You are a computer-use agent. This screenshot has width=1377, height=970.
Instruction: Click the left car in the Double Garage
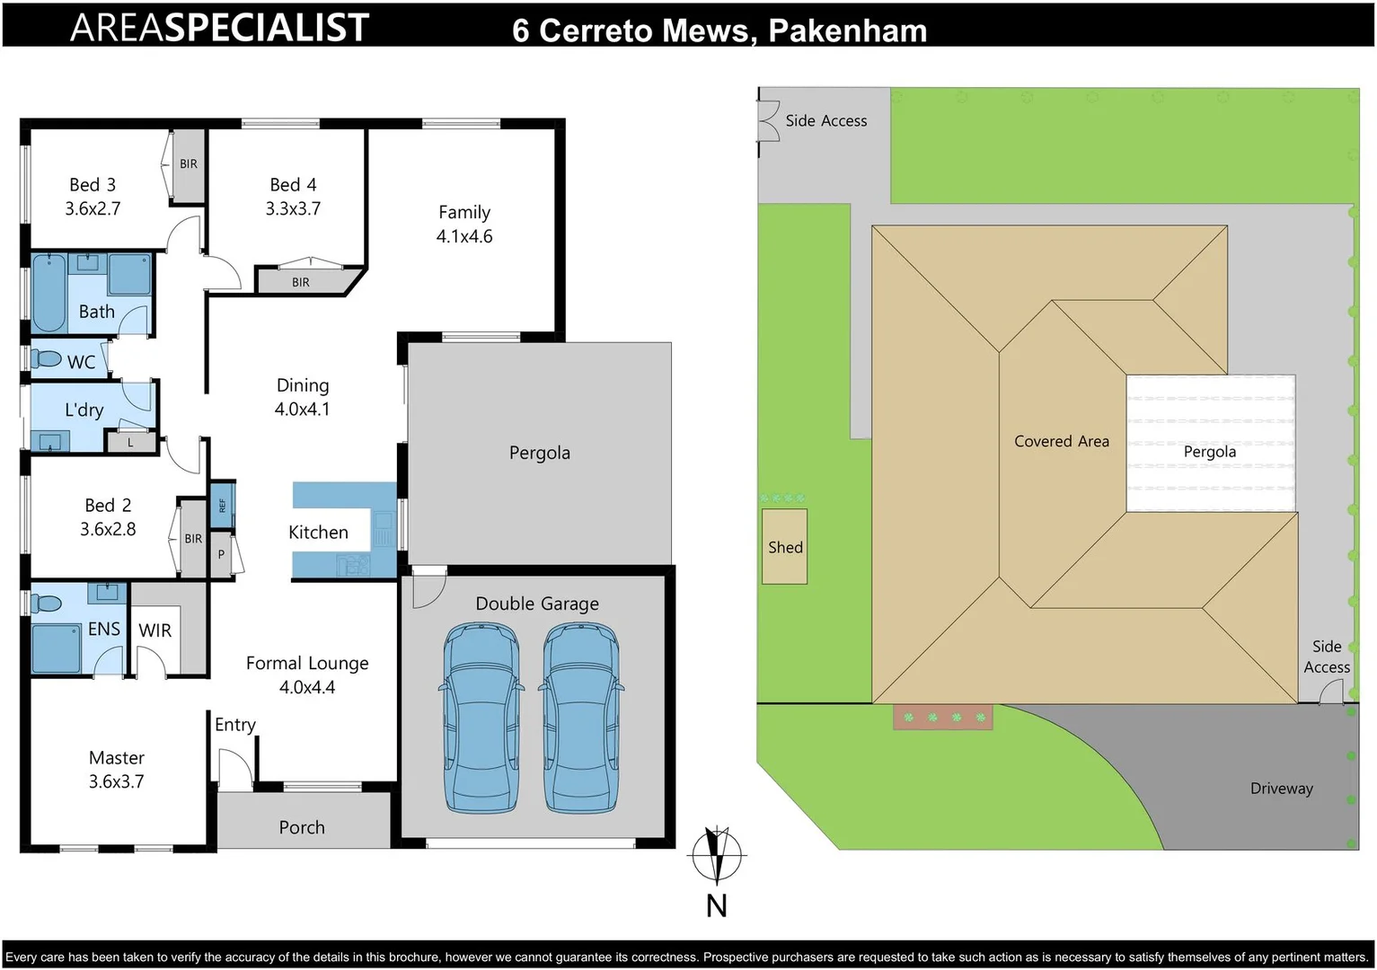(x=482, y=719)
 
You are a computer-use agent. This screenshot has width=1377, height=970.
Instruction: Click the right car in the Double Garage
(x=581, y=719)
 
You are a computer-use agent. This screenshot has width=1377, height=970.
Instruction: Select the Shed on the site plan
(x=785, y=547)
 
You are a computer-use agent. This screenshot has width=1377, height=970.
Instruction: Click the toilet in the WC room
(x=48, y=359)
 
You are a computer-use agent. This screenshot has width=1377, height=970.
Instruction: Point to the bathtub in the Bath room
(x=49, y=292)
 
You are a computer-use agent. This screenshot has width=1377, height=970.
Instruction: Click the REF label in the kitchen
(x=223, y=506)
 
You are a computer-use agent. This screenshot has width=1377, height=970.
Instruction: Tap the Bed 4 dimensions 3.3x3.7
(x=293, y=208)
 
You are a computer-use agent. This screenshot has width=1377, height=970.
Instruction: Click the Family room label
(x=464, y=213)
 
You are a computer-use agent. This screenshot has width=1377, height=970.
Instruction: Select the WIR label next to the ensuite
(x=154, y=630)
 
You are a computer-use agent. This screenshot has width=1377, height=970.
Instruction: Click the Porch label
(x=302, y=827)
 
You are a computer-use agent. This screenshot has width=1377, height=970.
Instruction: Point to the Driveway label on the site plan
(x=1281, y=789)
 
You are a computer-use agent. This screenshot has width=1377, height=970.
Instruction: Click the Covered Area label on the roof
(x=1061, y=441)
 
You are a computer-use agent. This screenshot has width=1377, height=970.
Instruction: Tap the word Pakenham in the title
(x=847, y=31)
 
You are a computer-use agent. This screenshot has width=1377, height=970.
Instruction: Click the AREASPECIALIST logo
(x=220, y=27)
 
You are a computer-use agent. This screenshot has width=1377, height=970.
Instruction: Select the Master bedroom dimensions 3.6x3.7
(x=116, y=781)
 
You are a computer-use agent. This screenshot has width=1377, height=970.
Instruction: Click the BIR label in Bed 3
(x=189, y=164)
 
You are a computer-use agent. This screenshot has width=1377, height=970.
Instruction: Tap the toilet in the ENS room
(x=47, y=603)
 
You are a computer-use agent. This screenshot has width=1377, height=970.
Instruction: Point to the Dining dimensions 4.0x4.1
(x=302, y=410)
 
